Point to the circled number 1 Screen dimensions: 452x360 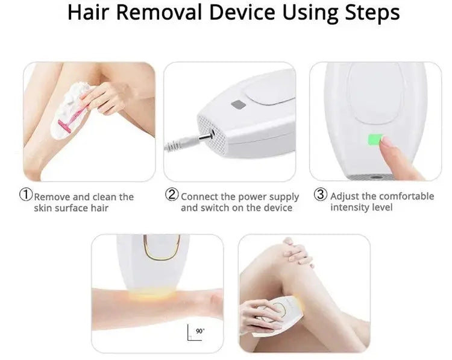pos(26,194)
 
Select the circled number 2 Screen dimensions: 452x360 pos(172,194)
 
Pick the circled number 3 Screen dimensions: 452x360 pos(320,194)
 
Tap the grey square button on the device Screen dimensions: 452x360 pos(239,105)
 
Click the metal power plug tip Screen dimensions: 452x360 pos(207,135)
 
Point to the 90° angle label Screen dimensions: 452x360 pos(200,331)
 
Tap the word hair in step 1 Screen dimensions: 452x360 pos(99,208)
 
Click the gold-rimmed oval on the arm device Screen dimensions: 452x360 pos(162,248)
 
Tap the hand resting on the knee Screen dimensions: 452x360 pos(298,253)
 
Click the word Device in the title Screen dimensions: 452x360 pos(242,12)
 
